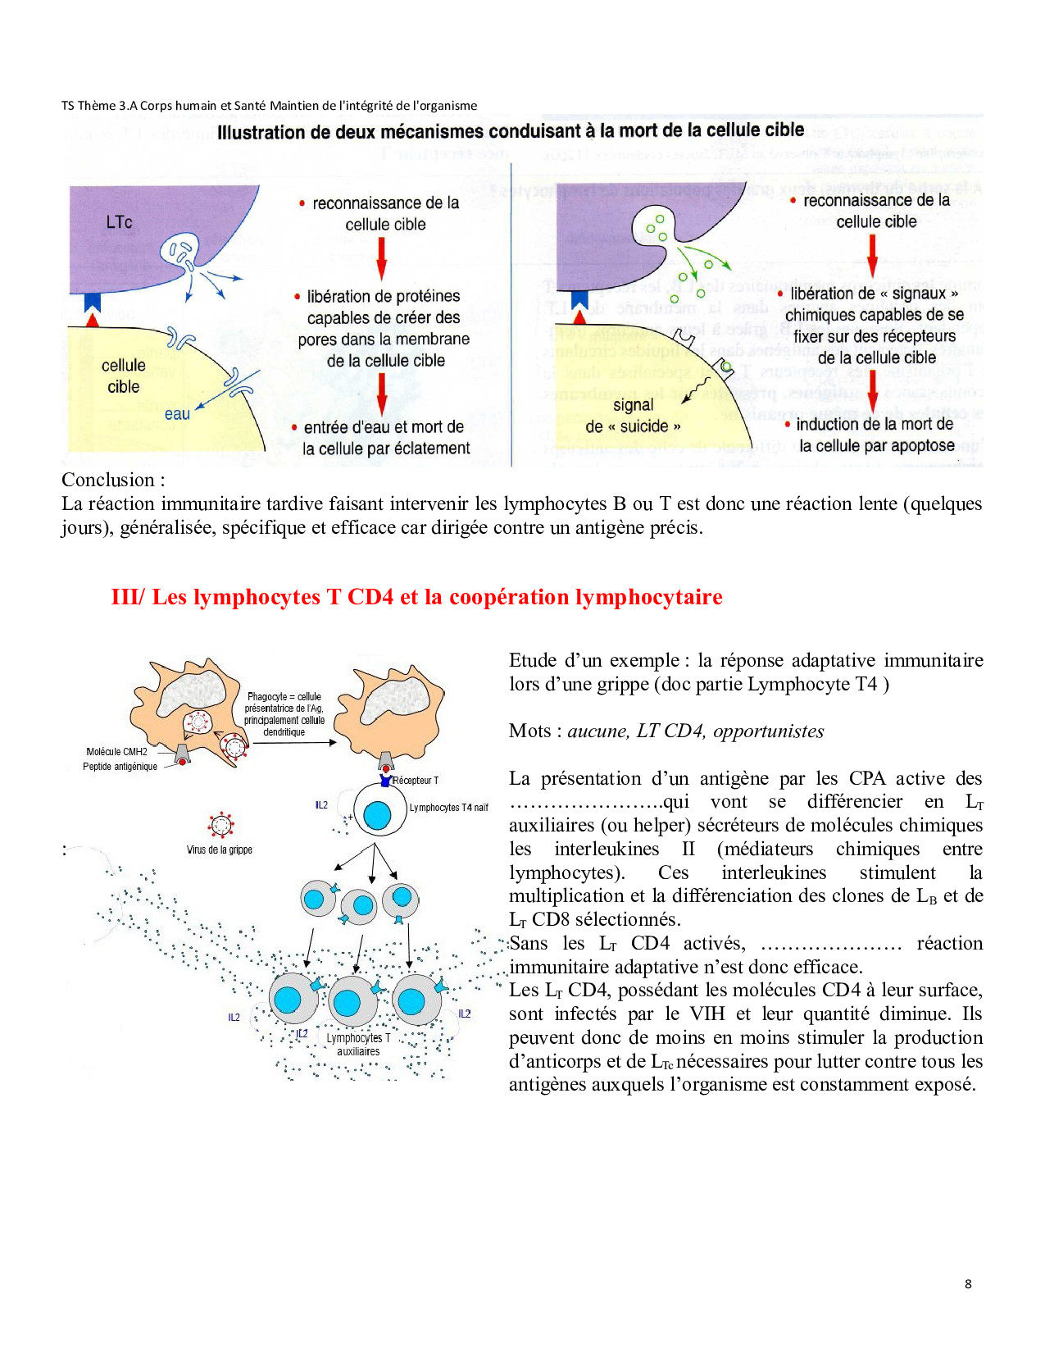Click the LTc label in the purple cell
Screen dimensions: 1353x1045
[x=119, y=222]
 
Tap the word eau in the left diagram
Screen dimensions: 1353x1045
[x=177, y=414]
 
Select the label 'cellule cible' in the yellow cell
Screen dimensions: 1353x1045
[x=124, y=376]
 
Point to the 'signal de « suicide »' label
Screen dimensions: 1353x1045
[x=633, y=416]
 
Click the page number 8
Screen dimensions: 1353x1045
[x=968, y=1284]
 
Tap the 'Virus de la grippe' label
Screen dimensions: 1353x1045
[x=220, y=850]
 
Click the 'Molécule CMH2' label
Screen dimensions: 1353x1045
[x=116, y=751]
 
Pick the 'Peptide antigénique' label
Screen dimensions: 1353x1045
[x=120, y=767]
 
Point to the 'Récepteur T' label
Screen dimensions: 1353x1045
[x=416, y=781]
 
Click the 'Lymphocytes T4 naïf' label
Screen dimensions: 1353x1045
[x=448, y=808]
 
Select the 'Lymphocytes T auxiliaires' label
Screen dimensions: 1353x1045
[x=358, y=1045]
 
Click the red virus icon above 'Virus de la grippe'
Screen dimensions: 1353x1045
[x=221, y=825]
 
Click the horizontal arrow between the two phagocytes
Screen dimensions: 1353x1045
[x=295, y=743]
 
